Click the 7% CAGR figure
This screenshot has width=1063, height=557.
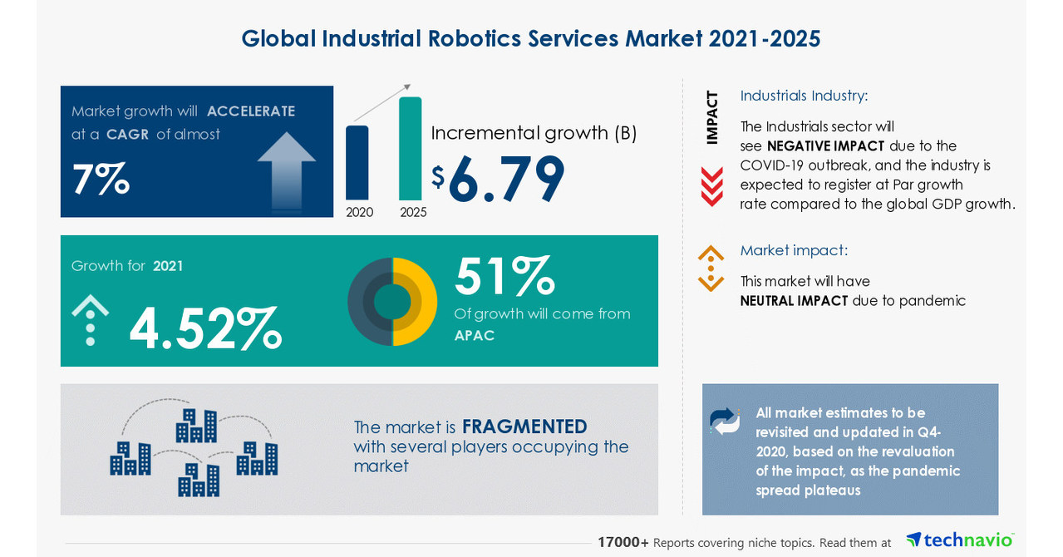click(101, 179)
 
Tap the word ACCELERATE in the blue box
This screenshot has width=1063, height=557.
click(251, 111)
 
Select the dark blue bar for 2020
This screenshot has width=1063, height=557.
click(357, 163)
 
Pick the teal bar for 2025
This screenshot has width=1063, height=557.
click(411, 149)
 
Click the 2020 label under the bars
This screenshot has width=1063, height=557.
click(360, 212)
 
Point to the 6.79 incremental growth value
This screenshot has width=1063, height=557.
click(506, 179)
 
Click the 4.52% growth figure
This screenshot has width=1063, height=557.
click(205, 328)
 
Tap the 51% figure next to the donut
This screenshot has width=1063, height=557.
click(504, 276)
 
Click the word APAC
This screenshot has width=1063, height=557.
click(475, 335)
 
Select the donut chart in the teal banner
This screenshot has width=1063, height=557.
click(392, 301)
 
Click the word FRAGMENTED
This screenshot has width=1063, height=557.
click(524, 426)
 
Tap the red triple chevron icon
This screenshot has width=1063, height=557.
click(711, 186)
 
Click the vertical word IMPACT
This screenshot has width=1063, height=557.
click(711, 117)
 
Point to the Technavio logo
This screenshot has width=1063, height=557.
click(960, 540)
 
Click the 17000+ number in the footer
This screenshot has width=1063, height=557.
click(623, 542)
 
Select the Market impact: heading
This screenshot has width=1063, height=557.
click(794, 250)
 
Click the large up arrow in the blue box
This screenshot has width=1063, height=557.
click(287, 169)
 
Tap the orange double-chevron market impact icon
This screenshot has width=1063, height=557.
click(711, 269)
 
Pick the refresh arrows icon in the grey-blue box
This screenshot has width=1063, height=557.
click(725, 421)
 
